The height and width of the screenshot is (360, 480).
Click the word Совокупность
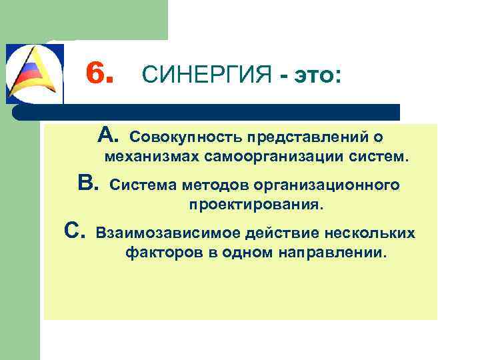[185, 137]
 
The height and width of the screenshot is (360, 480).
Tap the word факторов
[159, 254]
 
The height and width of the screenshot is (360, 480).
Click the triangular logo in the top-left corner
[34, 73]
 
